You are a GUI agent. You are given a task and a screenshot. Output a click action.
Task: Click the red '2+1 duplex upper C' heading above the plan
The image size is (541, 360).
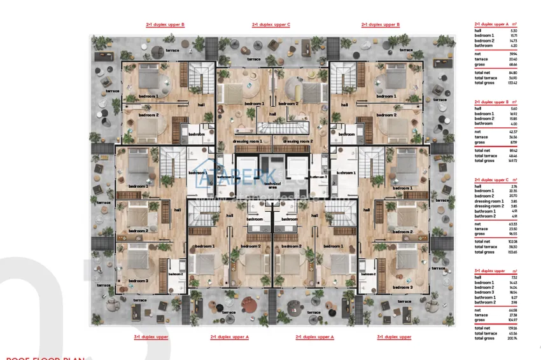(271, 25)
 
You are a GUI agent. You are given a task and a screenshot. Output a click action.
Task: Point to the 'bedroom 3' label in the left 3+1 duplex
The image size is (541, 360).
(138, 280)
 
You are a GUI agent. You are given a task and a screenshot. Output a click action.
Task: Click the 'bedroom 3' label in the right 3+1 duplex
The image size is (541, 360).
(402, 287)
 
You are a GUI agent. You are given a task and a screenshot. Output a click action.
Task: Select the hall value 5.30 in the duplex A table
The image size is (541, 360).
(514, 31)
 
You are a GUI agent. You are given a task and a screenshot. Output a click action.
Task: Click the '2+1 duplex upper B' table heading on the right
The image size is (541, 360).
(491, 102)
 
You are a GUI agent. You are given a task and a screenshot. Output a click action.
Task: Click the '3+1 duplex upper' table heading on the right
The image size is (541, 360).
(489, 270)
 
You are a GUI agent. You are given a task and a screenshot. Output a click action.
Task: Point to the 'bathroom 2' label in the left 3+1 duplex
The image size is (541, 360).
(176, 274)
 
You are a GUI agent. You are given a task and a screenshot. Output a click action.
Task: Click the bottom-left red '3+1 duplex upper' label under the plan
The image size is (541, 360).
(151, 337)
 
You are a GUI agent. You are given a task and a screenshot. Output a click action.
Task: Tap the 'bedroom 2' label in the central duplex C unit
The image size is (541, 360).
(288, 103)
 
